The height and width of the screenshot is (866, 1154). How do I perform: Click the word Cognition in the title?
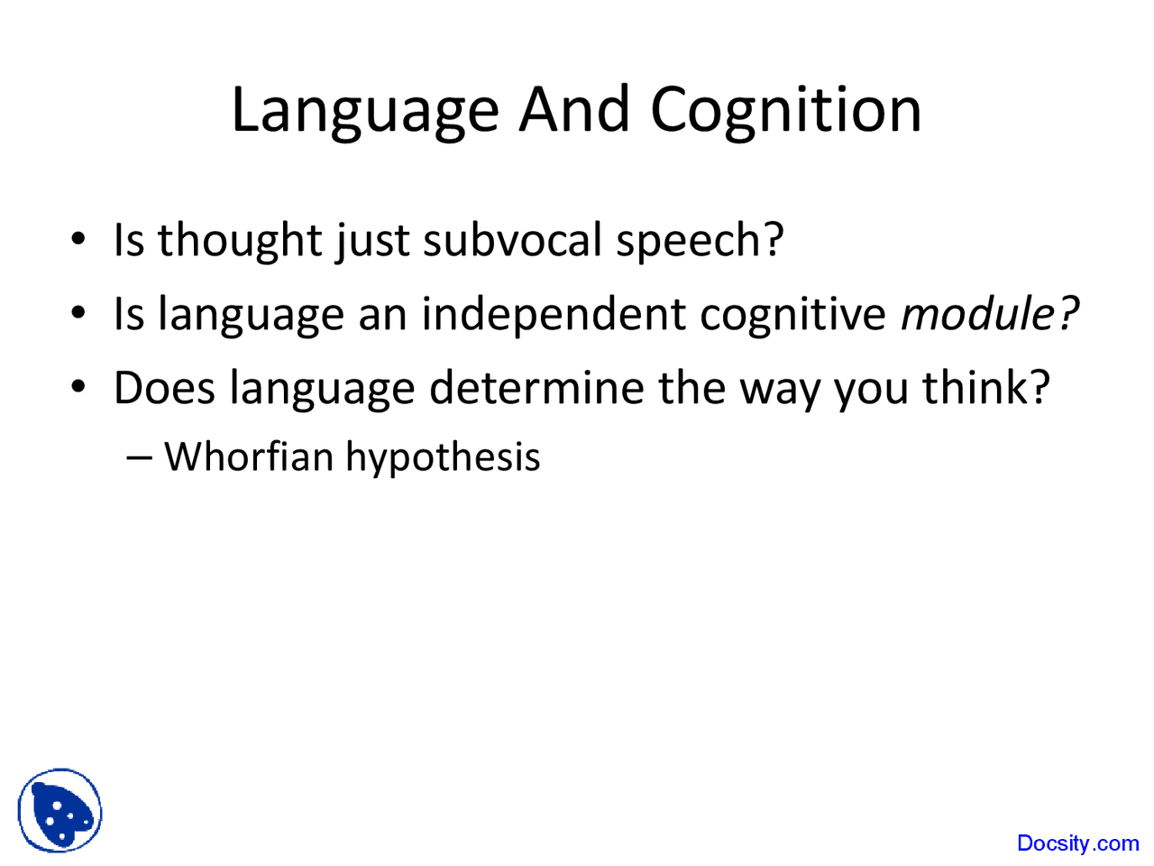pos(785,111)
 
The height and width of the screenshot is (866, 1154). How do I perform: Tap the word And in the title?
pos(574,109)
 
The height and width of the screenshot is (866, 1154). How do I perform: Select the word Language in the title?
pos(365,111)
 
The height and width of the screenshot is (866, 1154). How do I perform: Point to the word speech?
pos(700,242)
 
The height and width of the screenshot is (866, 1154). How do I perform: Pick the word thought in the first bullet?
pos(240,240)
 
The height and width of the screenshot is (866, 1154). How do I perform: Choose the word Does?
pos(164,388)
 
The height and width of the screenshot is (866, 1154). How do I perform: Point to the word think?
pos(985,388)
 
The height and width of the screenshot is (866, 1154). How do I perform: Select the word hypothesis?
pos(443,458)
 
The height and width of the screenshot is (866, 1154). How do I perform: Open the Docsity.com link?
pos(1077,843)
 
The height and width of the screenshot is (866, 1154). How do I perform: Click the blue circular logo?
pos(60,810)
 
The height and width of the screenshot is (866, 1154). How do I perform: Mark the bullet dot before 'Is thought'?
pos(79,239)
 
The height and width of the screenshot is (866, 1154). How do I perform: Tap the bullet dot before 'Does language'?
pos(79,387)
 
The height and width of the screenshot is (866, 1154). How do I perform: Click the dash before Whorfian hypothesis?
pos(139,457)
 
